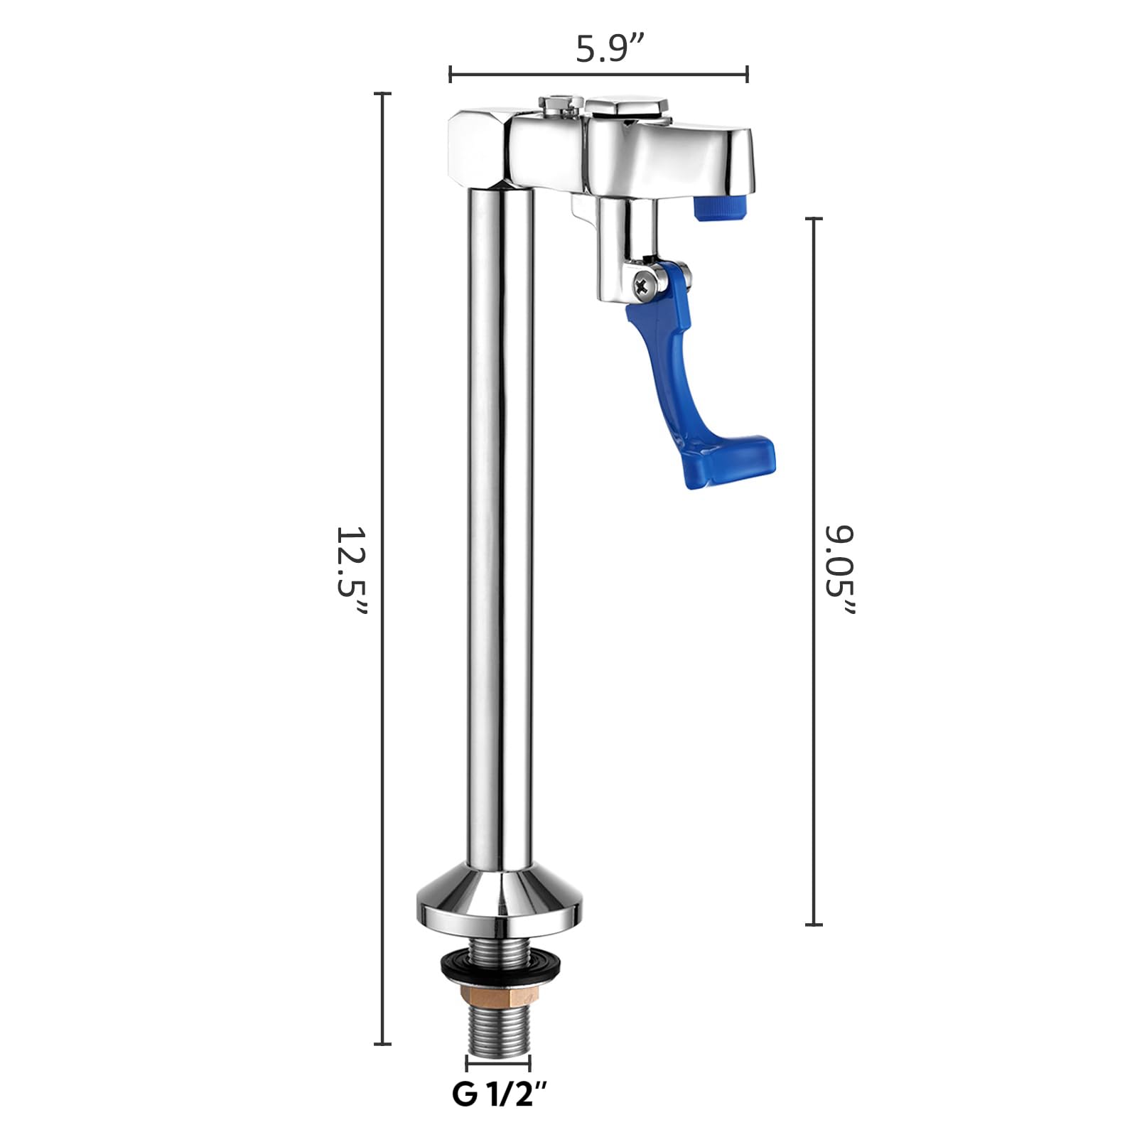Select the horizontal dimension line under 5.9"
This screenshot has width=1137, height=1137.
click(598, 73)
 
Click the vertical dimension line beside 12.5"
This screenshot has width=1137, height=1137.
click(382, 568)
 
